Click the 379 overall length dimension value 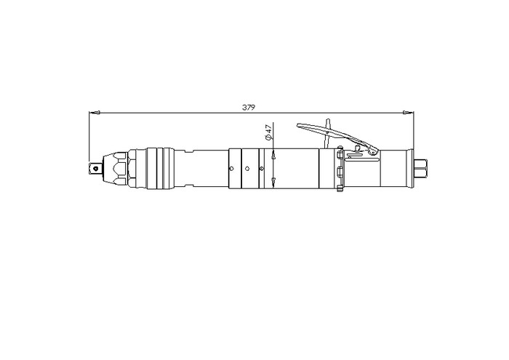coord(249,108)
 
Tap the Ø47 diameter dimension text coord(268,132)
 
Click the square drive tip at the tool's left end coord(95,169)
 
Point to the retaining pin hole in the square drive coord(96,169)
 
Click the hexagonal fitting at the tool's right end coord(421,169)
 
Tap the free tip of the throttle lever coord(297,125)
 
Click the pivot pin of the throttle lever coord(372,151)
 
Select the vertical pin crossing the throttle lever coord(328,133)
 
